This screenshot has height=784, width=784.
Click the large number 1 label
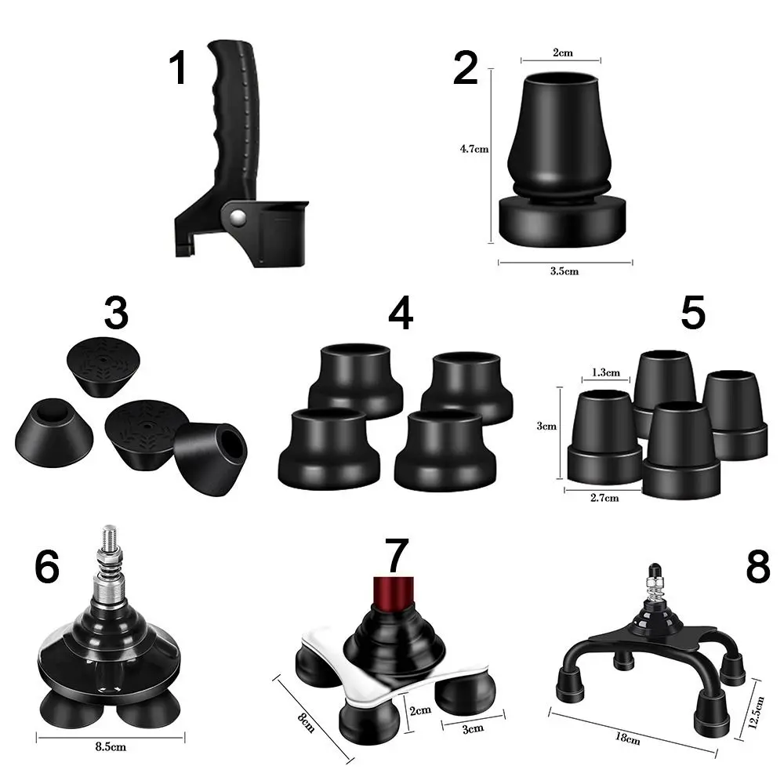coord(179,68)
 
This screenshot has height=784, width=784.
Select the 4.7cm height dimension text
coord(474,148)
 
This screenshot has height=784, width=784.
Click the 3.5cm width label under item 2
coord(564,271)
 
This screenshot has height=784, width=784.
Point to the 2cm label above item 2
coord(562,53)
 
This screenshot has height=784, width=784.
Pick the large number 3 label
coord(116,313)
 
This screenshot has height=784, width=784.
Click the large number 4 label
coord(401,313)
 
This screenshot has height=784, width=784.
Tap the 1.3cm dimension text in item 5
coord(605,372)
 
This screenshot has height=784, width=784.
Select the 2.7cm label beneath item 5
coord(604,498)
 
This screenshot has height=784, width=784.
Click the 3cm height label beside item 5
coord(546,426)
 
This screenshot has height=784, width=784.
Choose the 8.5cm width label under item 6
coord(111,747)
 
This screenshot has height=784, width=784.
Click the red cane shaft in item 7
coord(394,594)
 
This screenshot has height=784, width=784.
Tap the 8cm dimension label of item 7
coord(306,723)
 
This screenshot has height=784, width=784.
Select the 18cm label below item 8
coord(627,739)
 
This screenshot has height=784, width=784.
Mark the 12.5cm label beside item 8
coord(757,712)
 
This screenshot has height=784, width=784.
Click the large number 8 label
coord(758,567)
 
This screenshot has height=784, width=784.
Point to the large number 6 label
coord(47,567)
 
